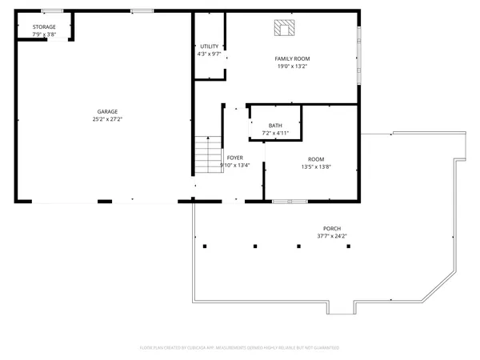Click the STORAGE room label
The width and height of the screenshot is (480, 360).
click(44, 27)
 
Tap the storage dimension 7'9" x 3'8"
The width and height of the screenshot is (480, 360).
click(44, 34)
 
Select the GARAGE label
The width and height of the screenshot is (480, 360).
click(107, 111)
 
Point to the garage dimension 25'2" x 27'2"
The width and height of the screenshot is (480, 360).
click(107, 118)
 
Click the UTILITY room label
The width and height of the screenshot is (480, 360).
click(209, 46)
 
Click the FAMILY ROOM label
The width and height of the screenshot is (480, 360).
click(292, 58)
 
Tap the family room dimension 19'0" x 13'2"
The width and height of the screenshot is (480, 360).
click(292, 66)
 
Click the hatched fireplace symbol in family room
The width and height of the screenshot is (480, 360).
click(284, 29)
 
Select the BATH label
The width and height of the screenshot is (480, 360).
click(275, 125)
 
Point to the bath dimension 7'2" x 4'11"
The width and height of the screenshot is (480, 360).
click(275, 133)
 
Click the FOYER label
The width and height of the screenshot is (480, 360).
click(234, 158)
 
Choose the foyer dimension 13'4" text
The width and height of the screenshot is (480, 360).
click(242, 166)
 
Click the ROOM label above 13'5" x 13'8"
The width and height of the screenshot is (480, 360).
click(316, 158)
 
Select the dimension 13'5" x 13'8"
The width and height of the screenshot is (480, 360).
click(316, 166)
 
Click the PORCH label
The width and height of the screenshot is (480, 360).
click(331, 228)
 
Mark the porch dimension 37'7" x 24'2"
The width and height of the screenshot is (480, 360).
click(331, 236)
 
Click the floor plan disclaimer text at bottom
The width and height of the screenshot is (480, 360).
click(239, 348)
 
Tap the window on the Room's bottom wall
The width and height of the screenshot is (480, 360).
click(285, 201)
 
